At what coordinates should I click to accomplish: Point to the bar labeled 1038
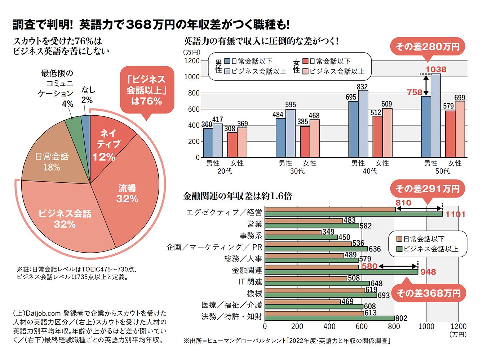point(436,115)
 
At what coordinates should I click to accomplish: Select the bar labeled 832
point(363,124)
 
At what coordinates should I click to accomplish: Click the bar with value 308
point(232,145)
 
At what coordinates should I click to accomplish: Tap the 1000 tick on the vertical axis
point(192,77)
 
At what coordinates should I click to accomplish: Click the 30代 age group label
point(297,171)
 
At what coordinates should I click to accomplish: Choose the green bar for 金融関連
point(341,272)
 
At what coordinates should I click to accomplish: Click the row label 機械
point(254,293)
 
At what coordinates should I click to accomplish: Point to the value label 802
point(401,318)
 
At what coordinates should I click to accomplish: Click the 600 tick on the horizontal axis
point(362,326)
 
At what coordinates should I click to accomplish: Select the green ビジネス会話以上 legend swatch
point(399,249)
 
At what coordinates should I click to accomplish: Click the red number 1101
point(455,214)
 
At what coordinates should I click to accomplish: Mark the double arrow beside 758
point(426,85)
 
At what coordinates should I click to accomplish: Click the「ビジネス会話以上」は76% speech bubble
point(147,90)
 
